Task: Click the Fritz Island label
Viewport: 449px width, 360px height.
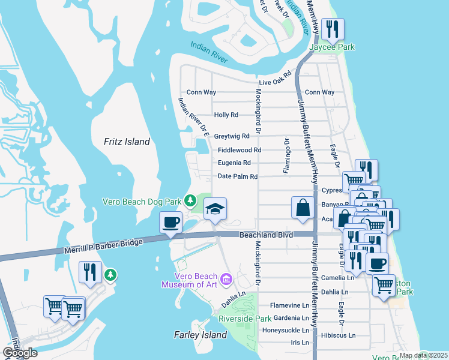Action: [x=126, y=142]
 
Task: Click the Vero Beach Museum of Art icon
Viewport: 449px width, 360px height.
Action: [x=226, y=278]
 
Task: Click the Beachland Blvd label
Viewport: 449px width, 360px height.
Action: [x=266, y=235]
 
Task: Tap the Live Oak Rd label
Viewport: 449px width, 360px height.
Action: [x=274, y=82]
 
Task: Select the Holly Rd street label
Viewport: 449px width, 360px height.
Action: [x=226, y=115]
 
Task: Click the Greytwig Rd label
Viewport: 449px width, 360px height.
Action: [x=232, y=136]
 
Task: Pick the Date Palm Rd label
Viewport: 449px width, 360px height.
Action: [x=237, y=176]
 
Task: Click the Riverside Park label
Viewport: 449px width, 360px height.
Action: [x=245, y=318]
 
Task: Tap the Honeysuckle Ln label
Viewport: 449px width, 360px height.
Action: [x=285, y=330]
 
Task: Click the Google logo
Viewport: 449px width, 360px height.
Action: [x=20, y=352]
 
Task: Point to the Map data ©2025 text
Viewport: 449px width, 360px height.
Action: [x=423, y=355]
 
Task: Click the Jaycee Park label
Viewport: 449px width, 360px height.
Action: [x=332, y=47]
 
